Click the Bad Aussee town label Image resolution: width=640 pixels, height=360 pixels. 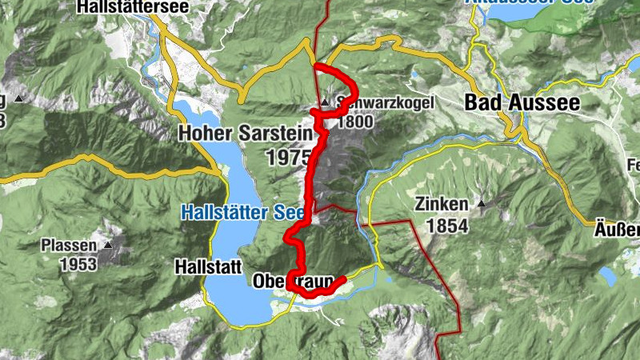point(522,103)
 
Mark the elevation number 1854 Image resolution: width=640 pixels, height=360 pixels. point(446,226)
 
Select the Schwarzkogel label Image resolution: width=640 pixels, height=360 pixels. point(374,103)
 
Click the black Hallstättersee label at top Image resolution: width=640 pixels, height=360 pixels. point(133,8)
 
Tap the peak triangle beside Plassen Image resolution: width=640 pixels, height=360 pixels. point(106,246)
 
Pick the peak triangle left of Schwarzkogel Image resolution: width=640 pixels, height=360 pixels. point(325,103)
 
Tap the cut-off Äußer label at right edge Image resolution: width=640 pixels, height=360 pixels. point(619,226)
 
